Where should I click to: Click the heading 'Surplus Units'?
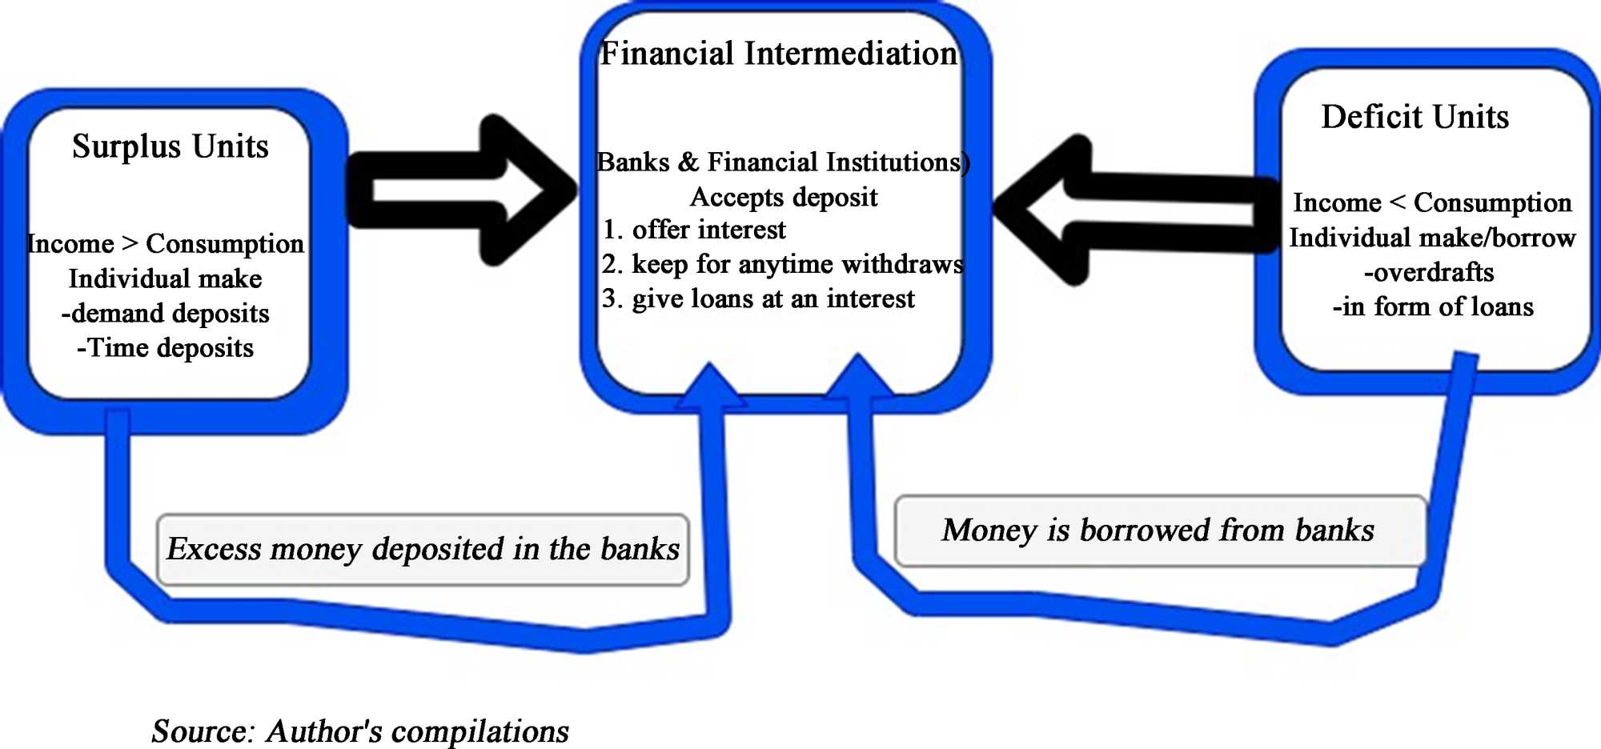click(170, 146)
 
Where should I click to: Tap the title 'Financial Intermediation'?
click(778, 54)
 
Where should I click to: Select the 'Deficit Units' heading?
click(1414, 117)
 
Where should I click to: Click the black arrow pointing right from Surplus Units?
click(464, 190)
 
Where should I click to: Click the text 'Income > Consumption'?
click(166, 243)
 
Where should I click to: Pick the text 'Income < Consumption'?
click(1432, 202)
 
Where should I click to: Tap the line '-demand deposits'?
click(165, 313)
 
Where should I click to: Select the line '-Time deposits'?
click(165, 348)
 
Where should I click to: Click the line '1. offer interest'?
click(693, 230)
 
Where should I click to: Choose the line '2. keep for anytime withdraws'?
click(782, 264)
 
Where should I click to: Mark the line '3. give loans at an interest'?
click(757, 298)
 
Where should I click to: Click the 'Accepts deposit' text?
click(784, 197)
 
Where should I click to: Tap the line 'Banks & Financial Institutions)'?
click(783, 162)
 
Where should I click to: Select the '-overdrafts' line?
click(1429, 272)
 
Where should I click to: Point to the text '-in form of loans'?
click(1433, 306)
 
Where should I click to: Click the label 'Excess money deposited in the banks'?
click(423, 549)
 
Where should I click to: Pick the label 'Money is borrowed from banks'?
click(1158, 530)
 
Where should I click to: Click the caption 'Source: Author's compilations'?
click(360, 731)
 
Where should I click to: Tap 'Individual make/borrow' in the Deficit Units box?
click(1432, 238)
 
